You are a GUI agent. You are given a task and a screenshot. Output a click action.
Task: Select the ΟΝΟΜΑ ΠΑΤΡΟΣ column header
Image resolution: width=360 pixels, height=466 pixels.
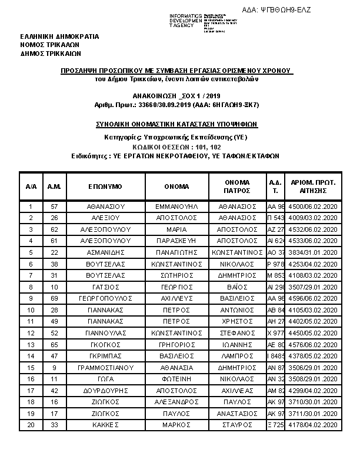click(237, 186)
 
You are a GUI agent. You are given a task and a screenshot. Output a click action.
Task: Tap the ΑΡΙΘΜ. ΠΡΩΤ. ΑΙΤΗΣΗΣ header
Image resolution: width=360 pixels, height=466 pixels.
click(313, 186)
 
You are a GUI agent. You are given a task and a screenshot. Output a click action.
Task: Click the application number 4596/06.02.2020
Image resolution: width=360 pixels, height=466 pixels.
click(313, 298)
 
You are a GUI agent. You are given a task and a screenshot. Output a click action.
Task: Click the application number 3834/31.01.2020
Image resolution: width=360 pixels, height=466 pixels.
click(313, 252)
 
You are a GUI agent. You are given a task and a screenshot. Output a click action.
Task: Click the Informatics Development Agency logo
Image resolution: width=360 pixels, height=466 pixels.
click(203, 21)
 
